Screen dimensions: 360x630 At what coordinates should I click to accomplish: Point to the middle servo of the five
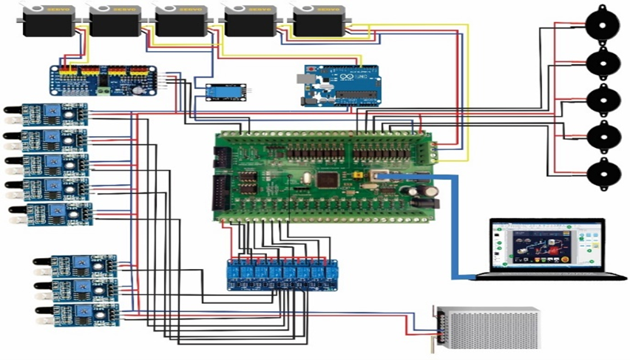[x=182, y=21]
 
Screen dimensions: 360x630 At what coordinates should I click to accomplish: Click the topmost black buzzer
[x=602, y=24]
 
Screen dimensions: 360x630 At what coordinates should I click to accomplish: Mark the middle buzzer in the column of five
[x=602, y=99]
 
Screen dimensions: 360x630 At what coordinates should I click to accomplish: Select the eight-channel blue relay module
[x=282, y=274]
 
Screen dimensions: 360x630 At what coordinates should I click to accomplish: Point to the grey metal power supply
[x=488, y=327]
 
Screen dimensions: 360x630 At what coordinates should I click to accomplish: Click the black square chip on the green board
[x=326, y=180]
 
